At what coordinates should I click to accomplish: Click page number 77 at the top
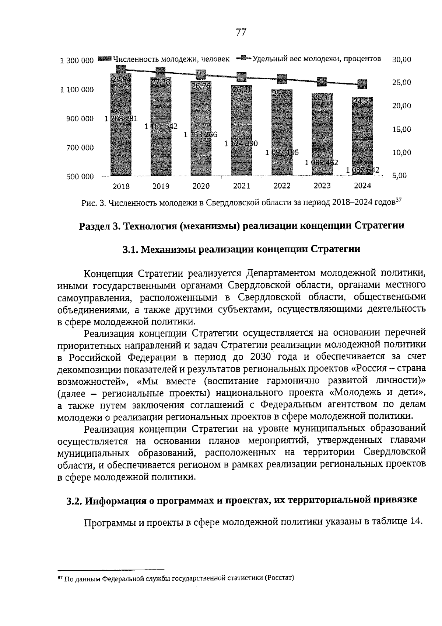coord(241,32)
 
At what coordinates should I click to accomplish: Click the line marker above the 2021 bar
coord(241,77)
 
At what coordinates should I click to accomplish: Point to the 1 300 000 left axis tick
coord(77,60)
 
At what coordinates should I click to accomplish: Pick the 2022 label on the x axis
coord(282,186)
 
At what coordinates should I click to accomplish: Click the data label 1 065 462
coord(322,162)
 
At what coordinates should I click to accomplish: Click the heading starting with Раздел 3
coord(241,226)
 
